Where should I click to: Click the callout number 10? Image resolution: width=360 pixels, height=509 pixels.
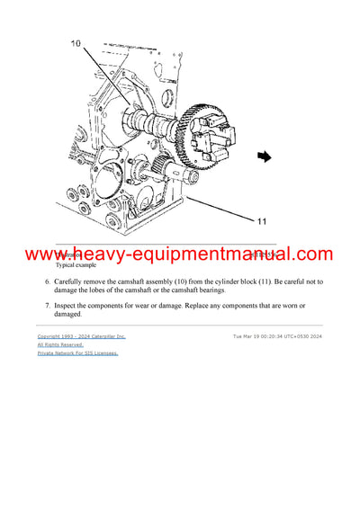tap(75, 43)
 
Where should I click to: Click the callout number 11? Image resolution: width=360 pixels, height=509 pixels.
tap(262, 219)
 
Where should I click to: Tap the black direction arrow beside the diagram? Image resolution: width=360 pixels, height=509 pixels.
tap(264, 156)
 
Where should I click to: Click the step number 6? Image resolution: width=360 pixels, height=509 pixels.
tap(48, 281)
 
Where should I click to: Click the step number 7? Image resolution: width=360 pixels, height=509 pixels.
tap(48, 304)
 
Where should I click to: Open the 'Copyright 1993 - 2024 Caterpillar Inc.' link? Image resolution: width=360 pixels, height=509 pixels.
tap(81, 335)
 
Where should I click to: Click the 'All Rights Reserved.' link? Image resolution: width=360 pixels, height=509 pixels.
tap(60, 344)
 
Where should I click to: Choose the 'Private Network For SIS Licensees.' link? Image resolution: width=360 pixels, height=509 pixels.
tap(77, 353)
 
